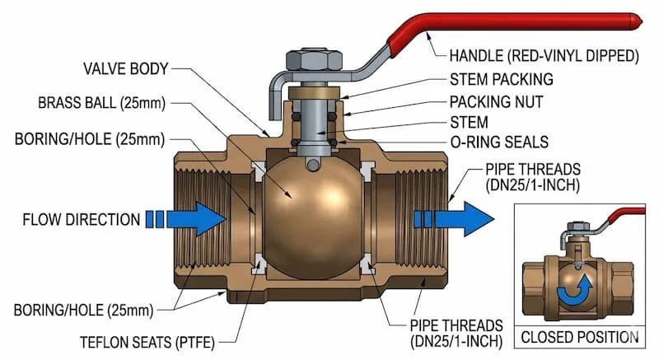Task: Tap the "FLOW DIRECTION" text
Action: tap(81, 220)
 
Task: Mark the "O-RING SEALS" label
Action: tap(498, 143)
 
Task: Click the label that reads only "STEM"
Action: tap(468, 122)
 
